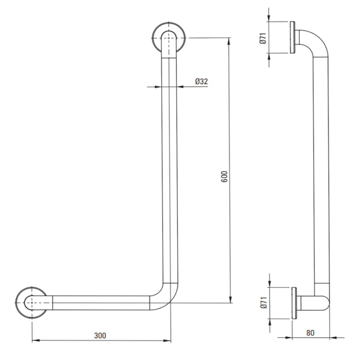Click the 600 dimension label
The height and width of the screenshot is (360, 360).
pyautogui.click(x=224, y=176)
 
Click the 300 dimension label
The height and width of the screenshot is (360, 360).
pyautogui.click(x=100, y=336)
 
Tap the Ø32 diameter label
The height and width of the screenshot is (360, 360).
pyautogui.click(x=202, y=81)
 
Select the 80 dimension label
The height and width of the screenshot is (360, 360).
pyautogui.click(x=310, y=333)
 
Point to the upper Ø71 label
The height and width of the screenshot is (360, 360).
pyautogui.click(x=263, y=38)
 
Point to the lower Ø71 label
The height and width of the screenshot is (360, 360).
pyautogui.click(x=264, y=302)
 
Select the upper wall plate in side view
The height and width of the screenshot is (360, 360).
pyautogui.click(x=292, y=38)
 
